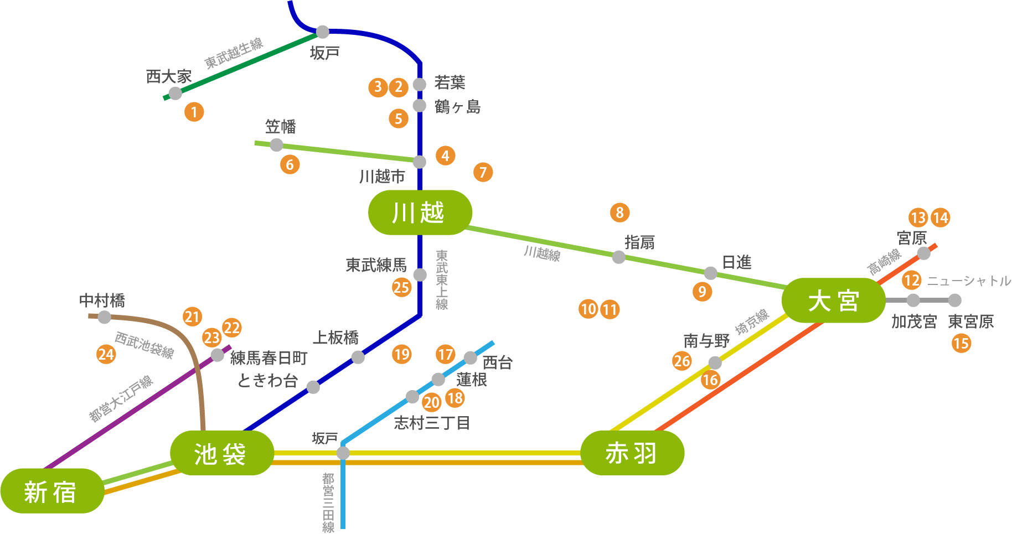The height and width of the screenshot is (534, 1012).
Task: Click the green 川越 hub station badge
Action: tap(420, 212)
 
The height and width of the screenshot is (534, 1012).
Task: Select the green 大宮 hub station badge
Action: tap(833, 300)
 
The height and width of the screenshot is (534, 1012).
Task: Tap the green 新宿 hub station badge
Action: tap(51, 491)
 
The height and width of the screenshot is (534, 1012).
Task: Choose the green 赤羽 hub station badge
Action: tap(632, 453)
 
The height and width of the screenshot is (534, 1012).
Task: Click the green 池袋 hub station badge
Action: tap(221, 453)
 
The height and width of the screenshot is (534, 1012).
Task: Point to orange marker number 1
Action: tap(194, 112)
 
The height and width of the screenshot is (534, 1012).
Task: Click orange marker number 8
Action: tap(620, 212)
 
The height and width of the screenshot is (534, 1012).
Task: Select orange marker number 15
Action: tap(962, 344)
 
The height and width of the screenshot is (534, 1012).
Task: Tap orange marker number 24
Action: tap(106, 354)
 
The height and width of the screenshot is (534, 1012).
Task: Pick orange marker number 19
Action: tap(402, 354)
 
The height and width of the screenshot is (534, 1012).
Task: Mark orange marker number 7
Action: tap(483, 173)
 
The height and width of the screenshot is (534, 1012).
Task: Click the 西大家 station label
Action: tap(169, 77)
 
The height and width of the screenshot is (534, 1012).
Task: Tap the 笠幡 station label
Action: tap(281, 127)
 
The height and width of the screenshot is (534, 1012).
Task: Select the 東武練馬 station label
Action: tap(376, 265)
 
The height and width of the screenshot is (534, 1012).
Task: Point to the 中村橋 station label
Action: tap(102, 300)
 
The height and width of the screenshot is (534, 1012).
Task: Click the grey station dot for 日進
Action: tap(711, 273)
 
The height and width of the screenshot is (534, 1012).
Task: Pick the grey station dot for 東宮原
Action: tap(954, 300)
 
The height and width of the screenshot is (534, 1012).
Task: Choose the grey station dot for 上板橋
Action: tap(358, 357)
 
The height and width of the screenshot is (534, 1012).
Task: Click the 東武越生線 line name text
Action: tap(234, 54)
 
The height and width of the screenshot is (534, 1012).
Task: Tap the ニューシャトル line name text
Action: tap(969, 281)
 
